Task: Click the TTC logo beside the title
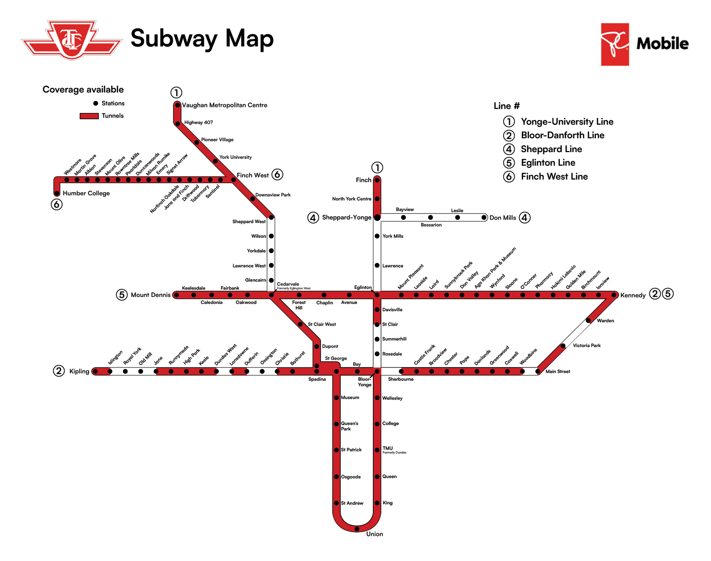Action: [72, 40]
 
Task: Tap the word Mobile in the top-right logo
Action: [662, 44]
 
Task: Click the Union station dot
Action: [357, 529]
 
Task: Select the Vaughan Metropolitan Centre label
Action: [224, 105]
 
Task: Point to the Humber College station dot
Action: [57, 193]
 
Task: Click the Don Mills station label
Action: [503, 218]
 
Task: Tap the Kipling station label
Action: [79, 371]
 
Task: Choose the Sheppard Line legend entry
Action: [551, 149]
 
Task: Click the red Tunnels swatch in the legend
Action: [89, 116]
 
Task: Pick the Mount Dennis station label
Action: [150, 295]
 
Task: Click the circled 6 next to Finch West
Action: [277, 174]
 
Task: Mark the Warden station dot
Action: [588, 320]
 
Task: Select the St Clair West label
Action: [322, 324]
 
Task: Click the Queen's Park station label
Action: [349, 426]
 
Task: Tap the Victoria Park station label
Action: [587, 345]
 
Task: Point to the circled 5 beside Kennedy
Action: [668, 294]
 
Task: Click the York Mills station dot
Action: [377, 236]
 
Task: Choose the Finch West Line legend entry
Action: [554, 177]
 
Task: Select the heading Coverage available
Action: [83, 90]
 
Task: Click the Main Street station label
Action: [558, 371]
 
